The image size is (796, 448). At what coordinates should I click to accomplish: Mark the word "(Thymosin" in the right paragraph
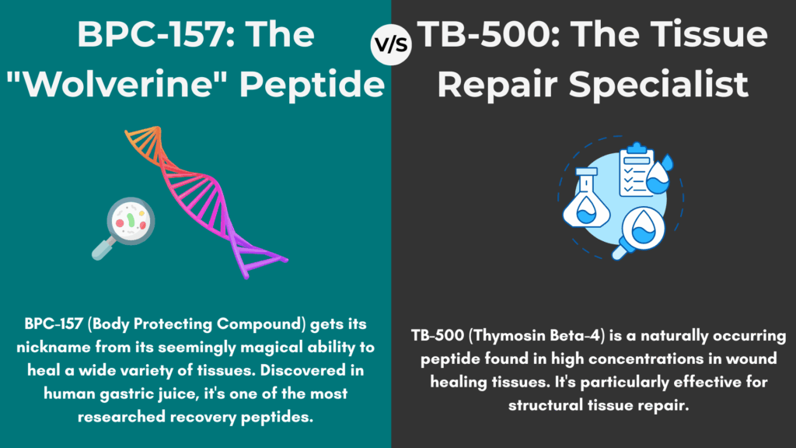(505, 336)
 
